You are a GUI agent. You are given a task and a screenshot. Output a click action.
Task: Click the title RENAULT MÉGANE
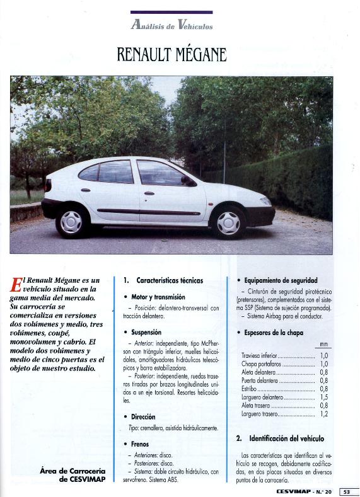[x=171, y=55]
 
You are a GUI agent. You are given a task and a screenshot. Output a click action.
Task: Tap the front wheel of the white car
[x=228, y=222]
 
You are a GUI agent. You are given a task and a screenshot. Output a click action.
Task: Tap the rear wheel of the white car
[x=71, y=222]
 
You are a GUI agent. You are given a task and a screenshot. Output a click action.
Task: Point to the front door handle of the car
[x=149, y=193]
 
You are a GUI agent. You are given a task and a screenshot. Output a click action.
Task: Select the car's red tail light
[x=48, y=185]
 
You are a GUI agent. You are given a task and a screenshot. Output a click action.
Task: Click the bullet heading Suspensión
[x=146, y=332]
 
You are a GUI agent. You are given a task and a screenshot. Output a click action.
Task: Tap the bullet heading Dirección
[x=143, y=416]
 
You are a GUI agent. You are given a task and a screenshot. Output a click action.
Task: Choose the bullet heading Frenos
[x=140, y=444]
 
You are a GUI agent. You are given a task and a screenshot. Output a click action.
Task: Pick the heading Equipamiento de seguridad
[x=281, y=280]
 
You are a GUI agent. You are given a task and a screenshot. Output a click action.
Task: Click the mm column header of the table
[x=323, y=345]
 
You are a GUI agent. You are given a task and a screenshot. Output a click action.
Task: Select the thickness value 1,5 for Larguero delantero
[x=323, y=397]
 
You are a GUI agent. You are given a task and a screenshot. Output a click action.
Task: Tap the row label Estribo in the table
[x=251, y=389]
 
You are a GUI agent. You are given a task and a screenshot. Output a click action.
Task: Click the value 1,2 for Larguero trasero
[x=323, y=414]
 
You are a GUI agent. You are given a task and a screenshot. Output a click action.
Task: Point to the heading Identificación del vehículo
[x=286, y=438]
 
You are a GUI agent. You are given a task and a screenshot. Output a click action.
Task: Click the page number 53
[x=347, y=491]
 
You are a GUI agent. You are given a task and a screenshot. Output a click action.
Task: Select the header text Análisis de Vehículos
[x=171, y=25]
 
